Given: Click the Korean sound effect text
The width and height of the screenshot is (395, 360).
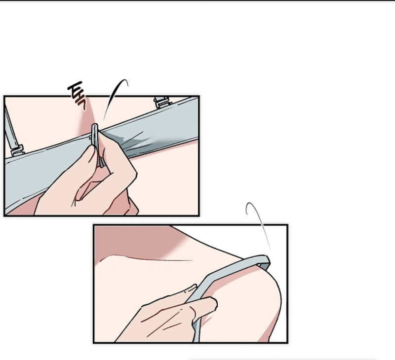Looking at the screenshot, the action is [78, 96].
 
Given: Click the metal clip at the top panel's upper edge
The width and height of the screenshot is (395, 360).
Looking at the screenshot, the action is [162, 102].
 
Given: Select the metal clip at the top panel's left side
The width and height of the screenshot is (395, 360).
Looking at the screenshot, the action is [17, 150].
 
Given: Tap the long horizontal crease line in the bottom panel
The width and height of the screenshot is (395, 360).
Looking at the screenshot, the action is [151, 258].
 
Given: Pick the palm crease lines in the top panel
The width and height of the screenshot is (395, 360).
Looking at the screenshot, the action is [80, 191].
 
